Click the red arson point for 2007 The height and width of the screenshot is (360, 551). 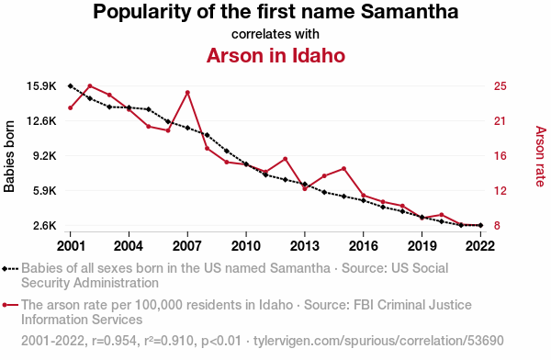pos(187,93)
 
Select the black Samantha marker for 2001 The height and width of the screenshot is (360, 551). pos(71,85)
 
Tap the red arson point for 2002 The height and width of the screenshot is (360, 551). pos(90,85)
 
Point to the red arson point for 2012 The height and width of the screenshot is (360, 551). pos(285,159)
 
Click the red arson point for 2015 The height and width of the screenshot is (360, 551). pos(343,169)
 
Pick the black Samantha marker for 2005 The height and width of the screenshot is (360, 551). pos(149,109)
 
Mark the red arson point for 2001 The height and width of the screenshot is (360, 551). pos(71,108)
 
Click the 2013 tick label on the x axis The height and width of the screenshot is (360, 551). pos(305,246)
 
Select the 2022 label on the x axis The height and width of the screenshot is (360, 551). pos(480,246)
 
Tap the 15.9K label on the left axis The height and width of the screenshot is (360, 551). pos(41,86)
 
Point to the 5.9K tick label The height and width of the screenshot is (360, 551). pos(45,191)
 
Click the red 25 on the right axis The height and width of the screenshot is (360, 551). pos(500,86)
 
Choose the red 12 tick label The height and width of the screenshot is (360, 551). pos(500,191)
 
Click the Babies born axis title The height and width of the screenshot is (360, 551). pos(9,156)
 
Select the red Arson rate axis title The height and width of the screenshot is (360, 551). pos(541,156)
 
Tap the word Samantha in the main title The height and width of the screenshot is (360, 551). pos(410,12)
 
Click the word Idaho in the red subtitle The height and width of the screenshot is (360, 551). pos(318,55)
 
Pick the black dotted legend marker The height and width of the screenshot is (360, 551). pos(10,269)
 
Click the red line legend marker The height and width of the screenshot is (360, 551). pos(10,305)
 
